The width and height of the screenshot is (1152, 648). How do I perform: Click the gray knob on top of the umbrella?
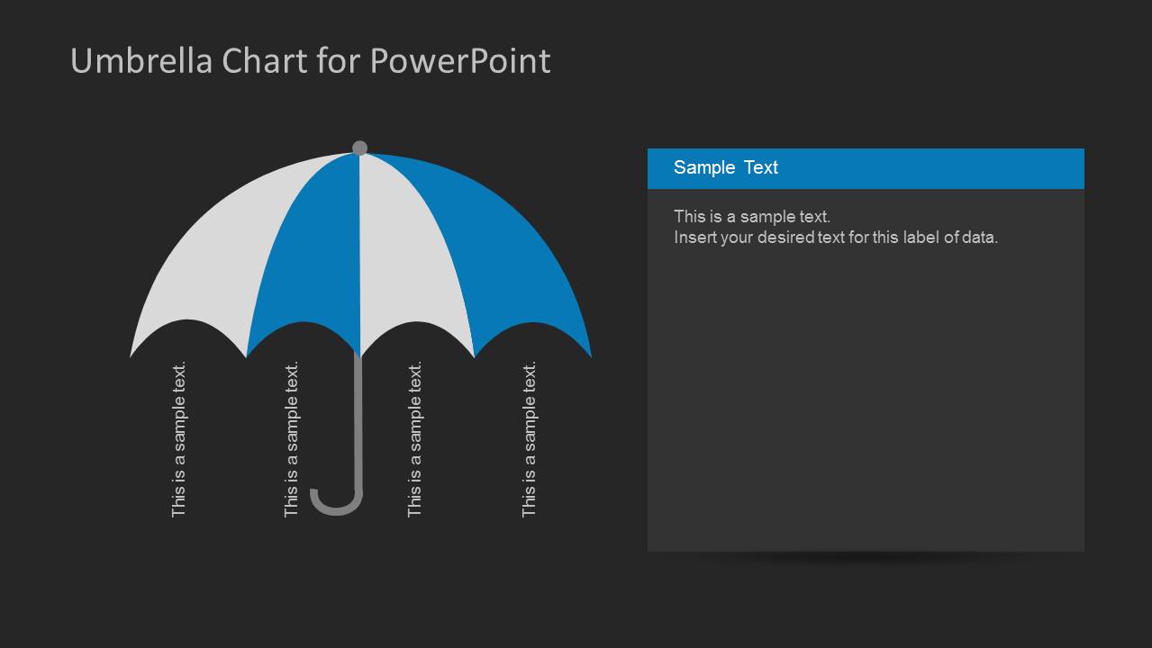(359, 148)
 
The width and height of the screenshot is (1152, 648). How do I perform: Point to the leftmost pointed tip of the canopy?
(132, 354)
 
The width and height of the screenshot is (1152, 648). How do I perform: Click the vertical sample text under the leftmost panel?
(179, 439)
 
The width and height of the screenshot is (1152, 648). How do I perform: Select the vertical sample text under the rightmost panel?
(530, 439)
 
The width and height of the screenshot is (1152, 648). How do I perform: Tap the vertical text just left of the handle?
(292, 439)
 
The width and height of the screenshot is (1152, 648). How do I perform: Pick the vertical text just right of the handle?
(415, 439)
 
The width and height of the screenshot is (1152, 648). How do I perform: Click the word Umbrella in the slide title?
(142, 61)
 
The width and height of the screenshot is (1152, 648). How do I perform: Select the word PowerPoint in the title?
(460, 61)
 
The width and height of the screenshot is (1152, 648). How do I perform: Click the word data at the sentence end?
(979, 238)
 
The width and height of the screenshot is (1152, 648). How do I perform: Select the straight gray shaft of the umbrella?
(358, 423)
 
